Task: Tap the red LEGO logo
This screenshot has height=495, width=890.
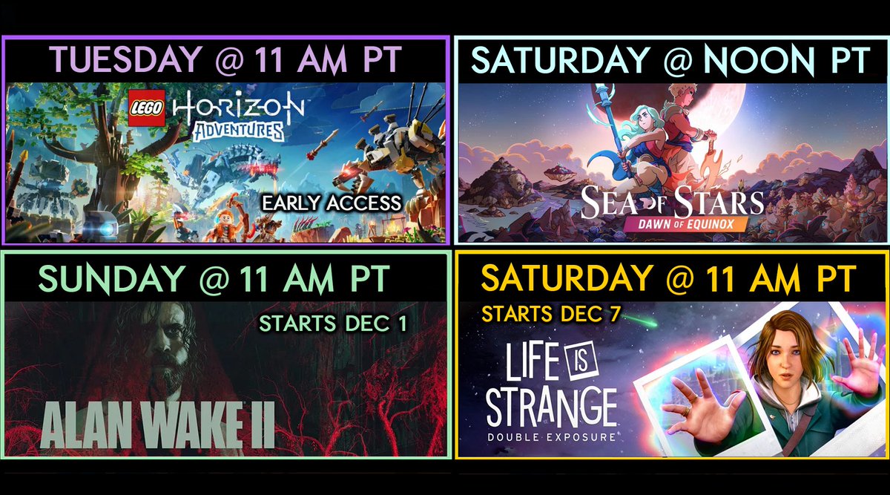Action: [x=147, y=108]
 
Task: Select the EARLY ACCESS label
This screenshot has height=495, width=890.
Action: [x=332, y=203]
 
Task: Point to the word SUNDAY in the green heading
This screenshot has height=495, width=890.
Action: [x=110, y=279]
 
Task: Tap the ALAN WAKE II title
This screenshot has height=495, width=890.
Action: [x=157, y=427]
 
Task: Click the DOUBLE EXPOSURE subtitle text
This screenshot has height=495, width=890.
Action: [x=552, y=436]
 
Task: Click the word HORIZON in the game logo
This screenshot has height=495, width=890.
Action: [x=238, y=108]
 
